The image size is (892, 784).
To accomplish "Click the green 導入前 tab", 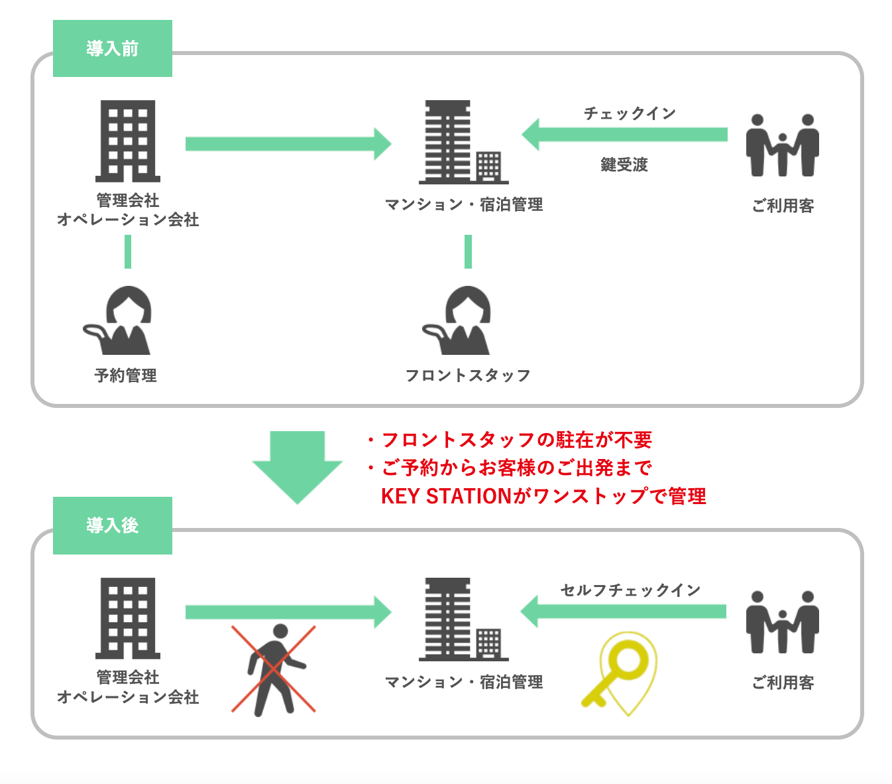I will click(112, 48).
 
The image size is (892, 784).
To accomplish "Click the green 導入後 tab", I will click(112, 525).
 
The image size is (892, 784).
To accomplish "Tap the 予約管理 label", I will click(125, 375).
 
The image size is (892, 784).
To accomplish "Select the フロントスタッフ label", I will click(468, 375).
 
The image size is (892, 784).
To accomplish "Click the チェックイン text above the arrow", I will click(630, 113).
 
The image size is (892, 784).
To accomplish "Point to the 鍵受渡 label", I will click(624, 164).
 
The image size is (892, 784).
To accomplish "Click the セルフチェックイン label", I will click(630, 590).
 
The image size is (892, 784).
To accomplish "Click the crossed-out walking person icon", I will click(274, 669).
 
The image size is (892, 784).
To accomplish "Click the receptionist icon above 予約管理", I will click(119, 321).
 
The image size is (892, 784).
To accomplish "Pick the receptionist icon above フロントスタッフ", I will click(459, 321).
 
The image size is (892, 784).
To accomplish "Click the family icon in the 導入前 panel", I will click(782, 145).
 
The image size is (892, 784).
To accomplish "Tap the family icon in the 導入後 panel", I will click(782, 622).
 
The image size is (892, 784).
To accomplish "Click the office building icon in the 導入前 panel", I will click(128, 141).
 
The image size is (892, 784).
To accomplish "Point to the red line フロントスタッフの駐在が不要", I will click(516, 440).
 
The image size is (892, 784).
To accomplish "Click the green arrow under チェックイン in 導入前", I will click(624, 135).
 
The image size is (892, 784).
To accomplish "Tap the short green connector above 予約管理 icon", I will click(128, 252).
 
